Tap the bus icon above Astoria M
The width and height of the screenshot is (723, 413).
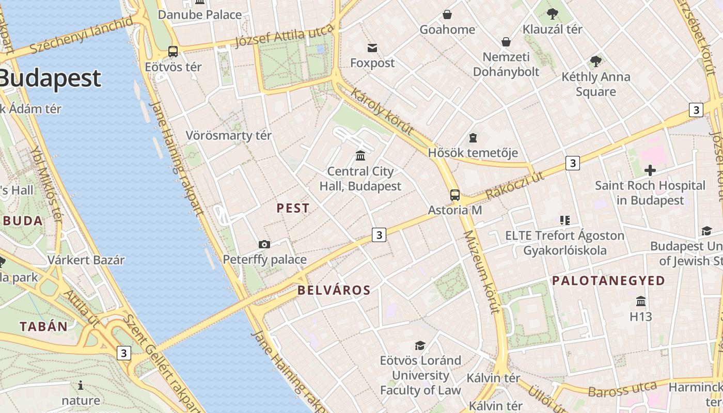(454, 195)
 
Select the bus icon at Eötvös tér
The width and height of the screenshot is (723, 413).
(173, 52)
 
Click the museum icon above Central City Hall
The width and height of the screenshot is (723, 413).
(360, 155)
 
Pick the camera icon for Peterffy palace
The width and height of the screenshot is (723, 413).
(264, 244)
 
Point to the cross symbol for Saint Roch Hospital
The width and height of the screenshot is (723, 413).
(650, 170)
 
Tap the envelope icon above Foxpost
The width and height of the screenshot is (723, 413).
(372, 49)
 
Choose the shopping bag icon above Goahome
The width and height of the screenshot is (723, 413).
(447, 14)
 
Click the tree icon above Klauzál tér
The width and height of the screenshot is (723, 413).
(552, 14)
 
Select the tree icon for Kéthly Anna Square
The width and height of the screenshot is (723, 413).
(596, 61)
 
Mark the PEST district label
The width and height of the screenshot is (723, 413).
(293, 209)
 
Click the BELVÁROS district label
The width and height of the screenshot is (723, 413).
(334, 290)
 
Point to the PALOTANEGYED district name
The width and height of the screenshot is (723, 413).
(608, 281)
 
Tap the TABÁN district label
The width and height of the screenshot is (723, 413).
(44, 326)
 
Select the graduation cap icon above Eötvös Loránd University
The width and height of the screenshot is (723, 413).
(420, 345)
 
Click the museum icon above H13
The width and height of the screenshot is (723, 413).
(641, 301)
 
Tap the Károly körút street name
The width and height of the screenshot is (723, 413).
(383, 111)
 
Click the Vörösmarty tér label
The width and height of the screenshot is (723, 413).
(228, 136)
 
